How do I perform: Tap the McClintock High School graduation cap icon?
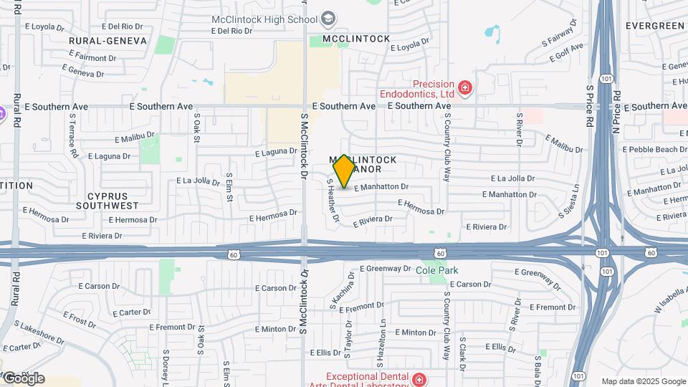(x=328, y=19)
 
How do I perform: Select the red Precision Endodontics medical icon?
(x=465, y=88)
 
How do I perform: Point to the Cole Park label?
(x=436, y=270)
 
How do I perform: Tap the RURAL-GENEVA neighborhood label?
(x=108, y=41)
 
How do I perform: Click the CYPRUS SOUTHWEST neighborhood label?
(x=113, y=201)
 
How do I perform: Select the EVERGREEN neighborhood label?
(x=655, y=26)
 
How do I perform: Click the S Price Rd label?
(x=590, y=107)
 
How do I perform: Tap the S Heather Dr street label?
(x=332, y=201)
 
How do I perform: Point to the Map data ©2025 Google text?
(x=643, y=381)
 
